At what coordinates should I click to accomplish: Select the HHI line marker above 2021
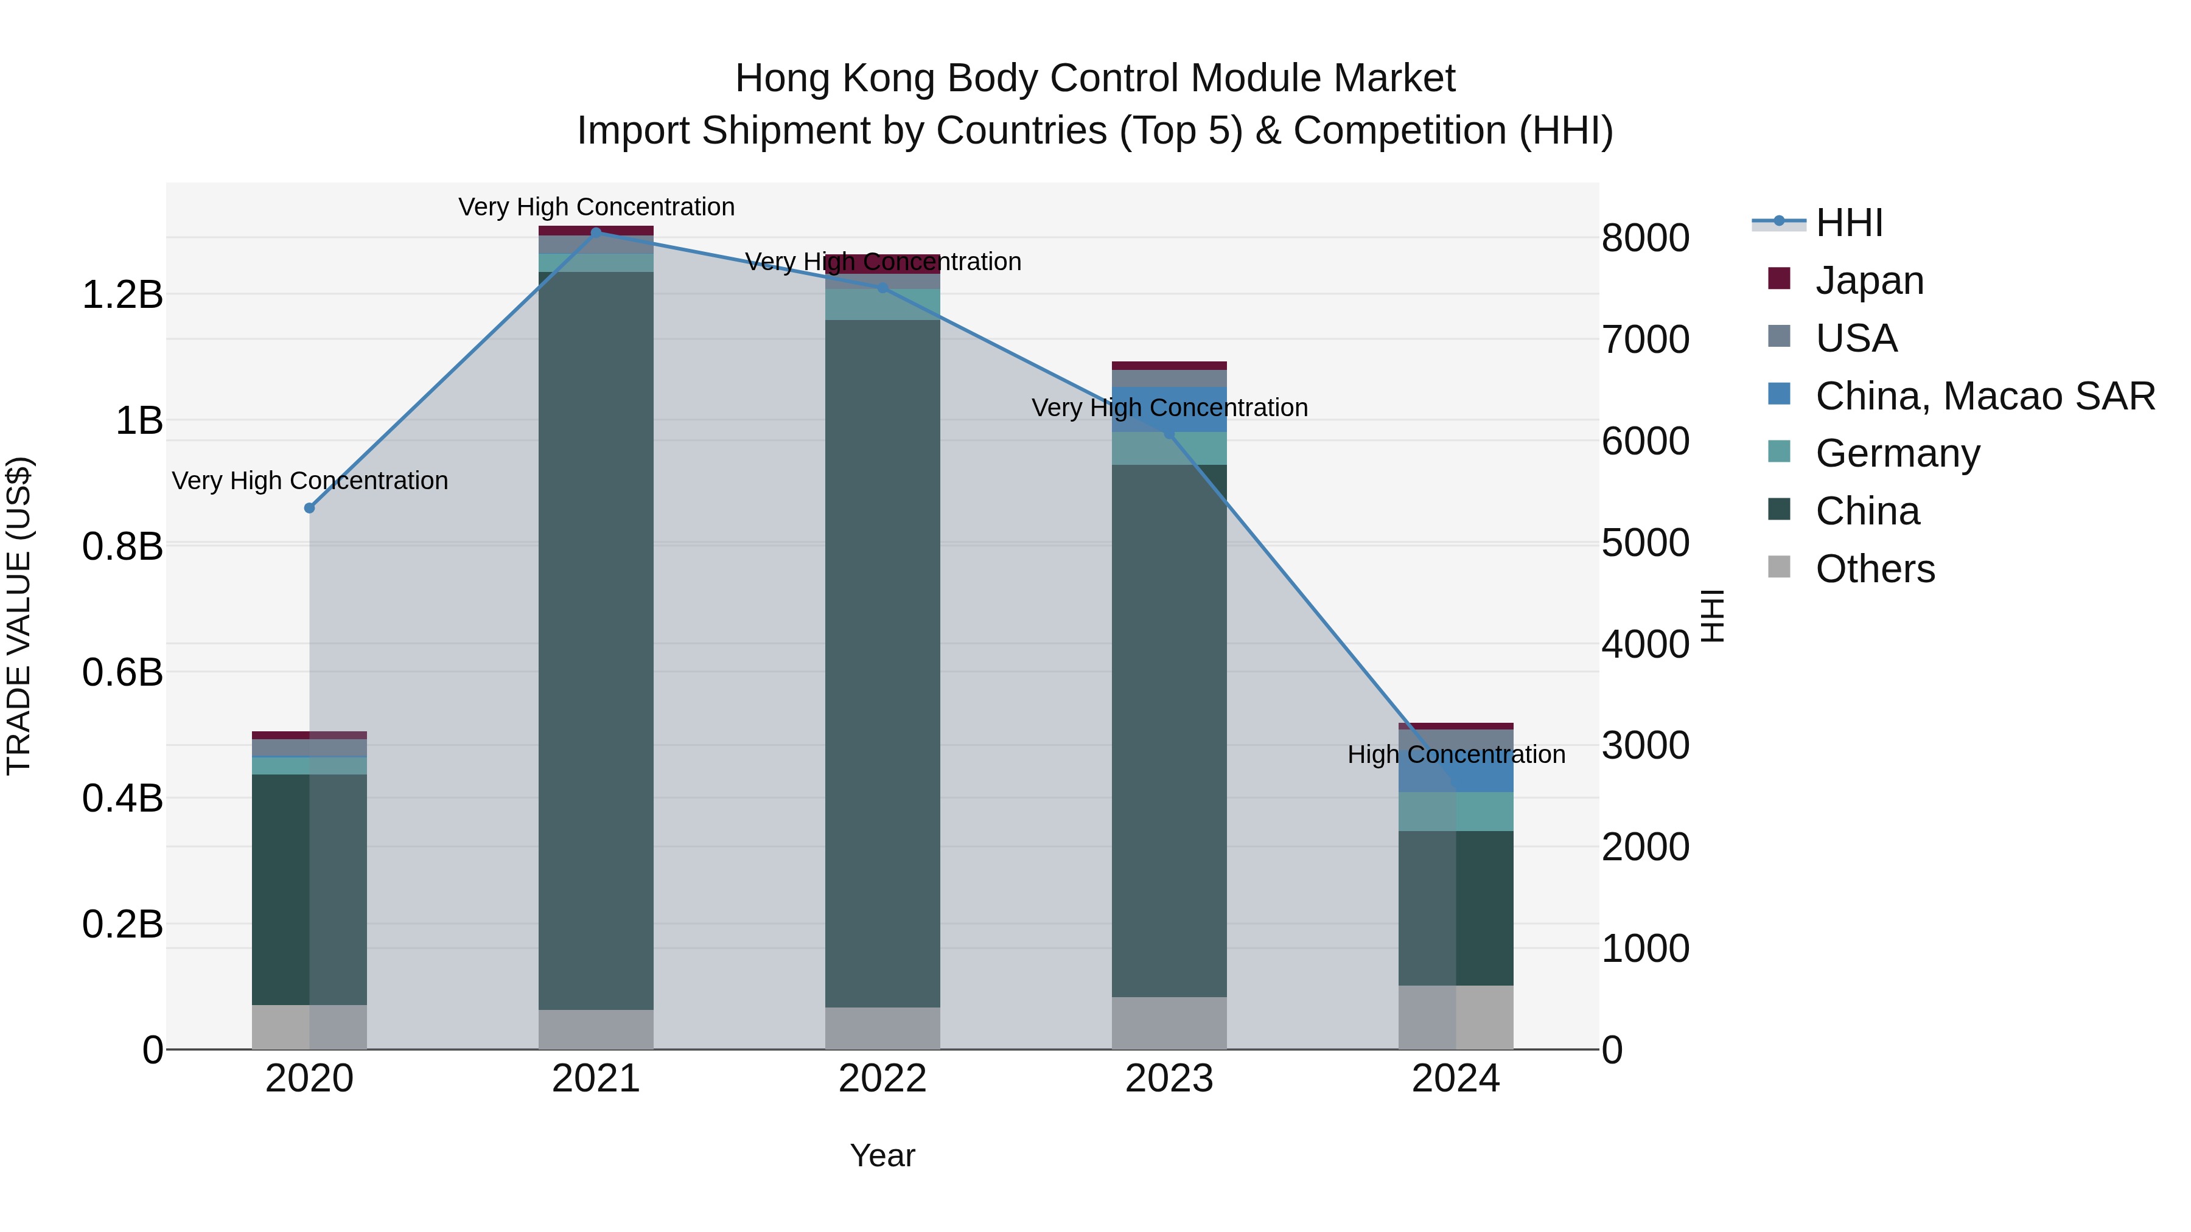[x=596, y=232]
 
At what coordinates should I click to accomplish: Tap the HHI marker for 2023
[x=1170, y=434]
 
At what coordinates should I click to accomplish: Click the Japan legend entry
[x=1868, y=280]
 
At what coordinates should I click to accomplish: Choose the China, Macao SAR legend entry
[x=1984, y=395]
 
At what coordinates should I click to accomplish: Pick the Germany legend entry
[x=1896, y=453]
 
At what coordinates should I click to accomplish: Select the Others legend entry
[x=1875, y=569]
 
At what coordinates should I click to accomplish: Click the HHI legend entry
[x=1848, y=223]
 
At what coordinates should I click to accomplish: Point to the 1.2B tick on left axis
[x=122, y=295]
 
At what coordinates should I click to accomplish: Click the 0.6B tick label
[x=122, y=672]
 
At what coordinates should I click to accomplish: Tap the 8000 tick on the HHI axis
[x=1645, y=238]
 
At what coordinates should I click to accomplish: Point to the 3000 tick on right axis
[x=1645, y=746]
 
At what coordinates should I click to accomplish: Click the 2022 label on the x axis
[x=882, y=1079]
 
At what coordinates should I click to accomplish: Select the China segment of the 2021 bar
[x=596, y=638]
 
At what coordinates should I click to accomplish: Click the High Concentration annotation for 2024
[x=1456, y=754]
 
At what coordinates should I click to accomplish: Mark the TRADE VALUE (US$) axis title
[x=19, y=616]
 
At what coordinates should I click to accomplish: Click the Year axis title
[x=882, y=1155]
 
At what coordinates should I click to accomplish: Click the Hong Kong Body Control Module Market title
[x=1095, y=78]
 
